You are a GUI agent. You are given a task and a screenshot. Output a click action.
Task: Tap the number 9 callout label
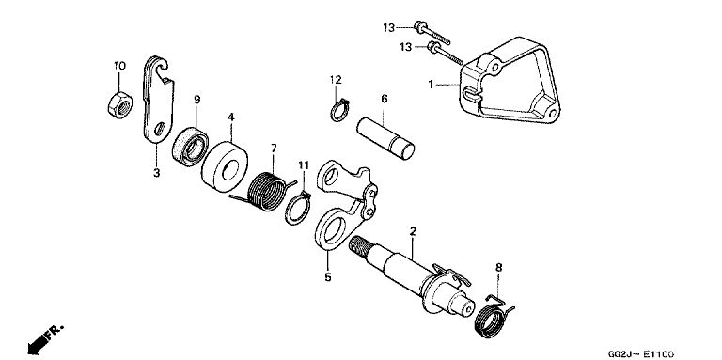(197, 100)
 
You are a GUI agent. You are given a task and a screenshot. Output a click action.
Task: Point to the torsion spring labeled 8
(494, 317)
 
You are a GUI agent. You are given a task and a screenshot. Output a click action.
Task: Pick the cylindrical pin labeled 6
(385, 139)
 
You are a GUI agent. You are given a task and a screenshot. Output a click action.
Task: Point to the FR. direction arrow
(45, 339)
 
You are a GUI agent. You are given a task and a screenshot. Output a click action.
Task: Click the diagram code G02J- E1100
(640, 354)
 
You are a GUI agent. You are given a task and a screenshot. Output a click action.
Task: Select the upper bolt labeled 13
(432, 32)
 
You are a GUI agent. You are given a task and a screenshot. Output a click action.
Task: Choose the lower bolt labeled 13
(446, 53)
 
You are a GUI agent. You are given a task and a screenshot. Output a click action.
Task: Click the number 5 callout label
(328, 277)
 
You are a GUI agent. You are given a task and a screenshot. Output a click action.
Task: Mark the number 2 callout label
(413, 231)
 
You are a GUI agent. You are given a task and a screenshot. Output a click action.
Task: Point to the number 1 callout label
(431, 85)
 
